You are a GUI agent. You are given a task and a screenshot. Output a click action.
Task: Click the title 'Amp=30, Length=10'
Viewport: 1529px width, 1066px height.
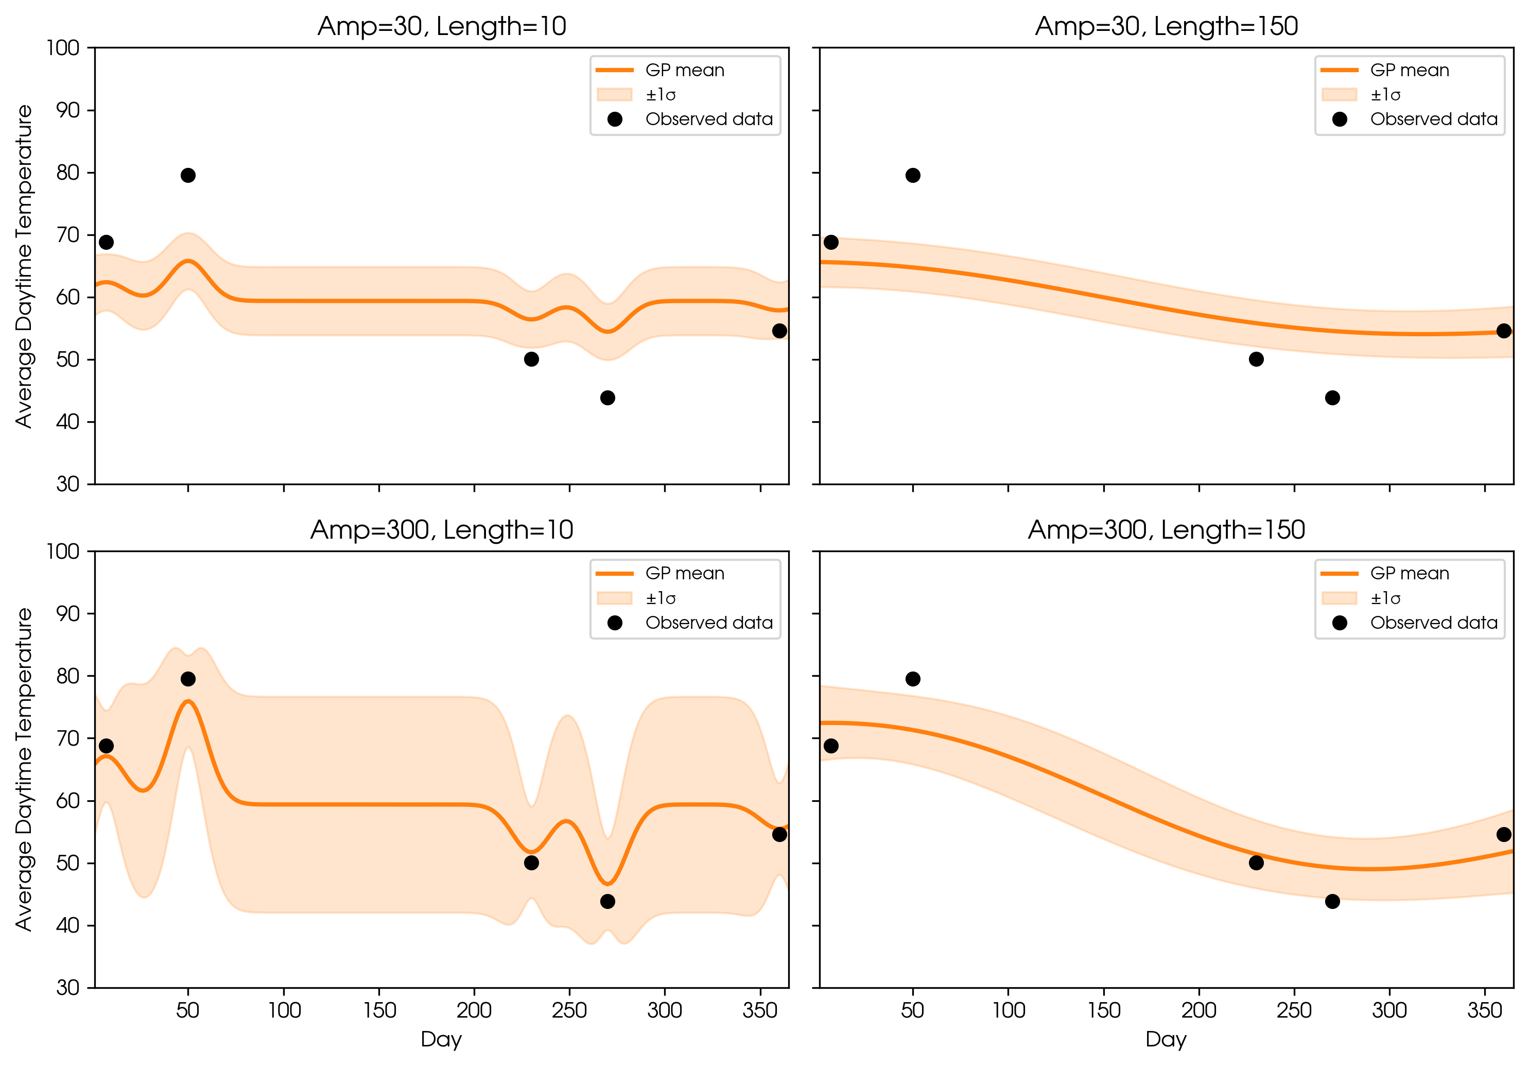[442, 27]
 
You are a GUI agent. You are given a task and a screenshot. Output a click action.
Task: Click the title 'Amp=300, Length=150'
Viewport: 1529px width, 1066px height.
[1166, 530]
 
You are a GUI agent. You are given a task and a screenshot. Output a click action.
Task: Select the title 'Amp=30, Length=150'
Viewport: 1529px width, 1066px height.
[1166, 27]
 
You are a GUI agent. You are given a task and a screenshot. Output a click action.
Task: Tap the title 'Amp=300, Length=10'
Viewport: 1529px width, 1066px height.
[442, 530]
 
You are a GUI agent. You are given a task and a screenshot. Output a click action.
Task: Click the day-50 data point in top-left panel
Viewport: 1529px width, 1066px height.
[188, 175]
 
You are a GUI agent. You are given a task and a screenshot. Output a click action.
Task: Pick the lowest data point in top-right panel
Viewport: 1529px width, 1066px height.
[1332, 398]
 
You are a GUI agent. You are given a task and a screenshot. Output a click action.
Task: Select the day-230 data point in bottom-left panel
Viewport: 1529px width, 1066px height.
[531, 863]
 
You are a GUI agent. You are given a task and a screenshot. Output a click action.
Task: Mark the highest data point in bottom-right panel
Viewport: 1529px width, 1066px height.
[912, 679]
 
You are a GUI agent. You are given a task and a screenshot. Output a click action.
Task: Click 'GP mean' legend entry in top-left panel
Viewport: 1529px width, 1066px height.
[684, 70]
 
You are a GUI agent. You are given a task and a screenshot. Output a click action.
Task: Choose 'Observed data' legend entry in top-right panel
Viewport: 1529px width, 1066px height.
[1433, 119]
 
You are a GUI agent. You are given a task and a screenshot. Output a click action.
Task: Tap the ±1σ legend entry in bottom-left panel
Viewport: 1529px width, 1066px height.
[660, 598]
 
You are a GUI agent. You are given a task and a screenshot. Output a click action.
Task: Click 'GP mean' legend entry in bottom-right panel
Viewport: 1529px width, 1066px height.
[1409, 574]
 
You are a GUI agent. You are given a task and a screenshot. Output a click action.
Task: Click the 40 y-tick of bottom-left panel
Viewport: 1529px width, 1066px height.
[67, 925]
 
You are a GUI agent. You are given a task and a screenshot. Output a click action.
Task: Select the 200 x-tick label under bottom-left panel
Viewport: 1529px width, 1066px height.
[474, 1011]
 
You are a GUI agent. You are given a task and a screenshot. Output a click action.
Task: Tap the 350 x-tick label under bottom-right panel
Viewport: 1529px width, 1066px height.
[1484, 1011]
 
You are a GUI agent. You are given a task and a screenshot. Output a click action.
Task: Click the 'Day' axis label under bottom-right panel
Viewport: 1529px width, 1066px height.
[1166, 1039]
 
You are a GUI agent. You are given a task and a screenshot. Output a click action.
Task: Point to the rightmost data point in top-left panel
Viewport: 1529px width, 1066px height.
[779, 331]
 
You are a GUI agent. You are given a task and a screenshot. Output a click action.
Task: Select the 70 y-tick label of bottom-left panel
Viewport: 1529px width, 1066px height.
[67, 738]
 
